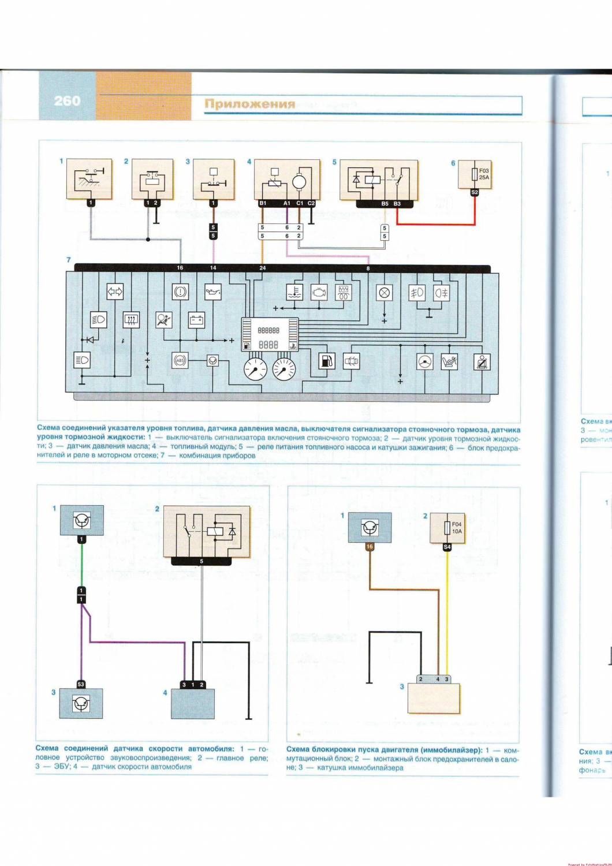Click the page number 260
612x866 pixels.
click(67, 101)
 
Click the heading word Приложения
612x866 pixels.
click(249, 104)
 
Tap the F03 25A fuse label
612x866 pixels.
click(483, 174)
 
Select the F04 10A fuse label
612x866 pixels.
click(456, 528)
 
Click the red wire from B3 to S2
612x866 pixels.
click(439, 224)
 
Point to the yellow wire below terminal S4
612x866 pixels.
click(447, 612)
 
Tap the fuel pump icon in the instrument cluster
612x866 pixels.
click(326, 361)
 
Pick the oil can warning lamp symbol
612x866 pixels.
click(214, 293)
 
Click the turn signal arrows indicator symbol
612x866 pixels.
click(114, 293)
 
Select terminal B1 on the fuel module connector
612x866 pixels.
click(263, 204)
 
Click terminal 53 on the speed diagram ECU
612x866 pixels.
click(81, 684)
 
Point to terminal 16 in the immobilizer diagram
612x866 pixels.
click(370, 546)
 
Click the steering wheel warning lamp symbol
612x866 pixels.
click(425, 361)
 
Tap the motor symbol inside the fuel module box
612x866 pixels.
click(300, 182)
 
